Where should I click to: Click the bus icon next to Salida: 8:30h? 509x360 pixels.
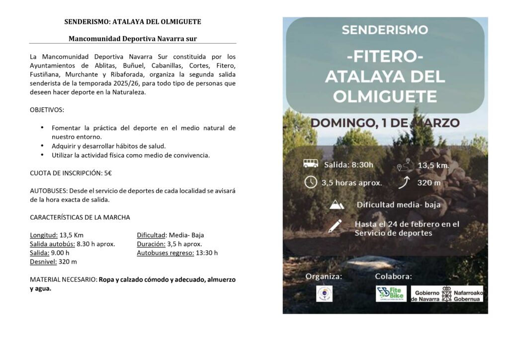311,164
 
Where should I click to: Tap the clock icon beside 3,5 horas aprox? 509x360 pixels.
311,182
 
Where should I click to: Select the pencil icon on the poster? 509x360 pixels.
335,226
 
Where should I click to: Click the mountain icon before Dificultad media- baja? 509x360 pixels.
337,204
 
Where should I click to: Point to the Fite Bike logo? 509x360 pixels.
391,293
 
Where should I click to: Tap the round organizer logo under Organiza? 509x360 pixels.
324,293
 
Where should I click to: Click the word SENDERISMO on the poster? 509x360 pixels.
385,30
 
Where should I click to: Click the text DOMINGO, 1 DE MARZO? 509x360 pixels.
385,123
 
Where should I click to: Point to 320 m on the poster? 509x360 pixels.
428,182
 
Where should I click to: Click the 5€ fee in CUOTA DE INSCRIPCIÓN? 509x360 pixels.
107,173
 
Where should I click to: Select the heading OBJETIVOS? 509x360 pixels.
47,109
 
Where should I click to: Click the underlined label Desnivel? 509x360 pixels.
43,262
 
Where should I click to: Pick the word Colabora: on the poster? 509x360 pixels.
393,276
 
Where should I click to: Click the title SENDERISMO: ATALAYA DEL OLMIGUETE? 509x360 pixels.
133,22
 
